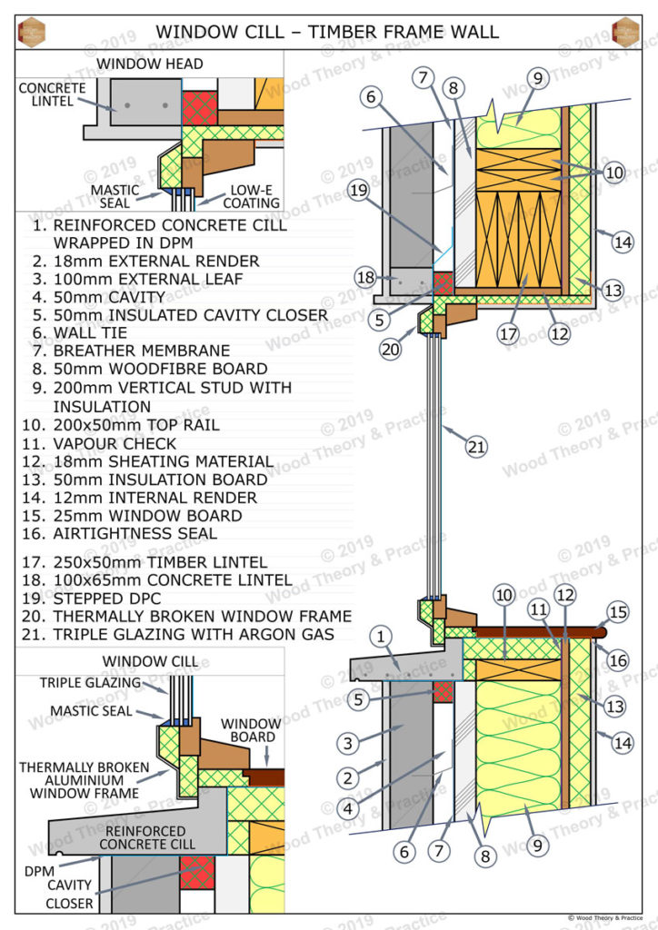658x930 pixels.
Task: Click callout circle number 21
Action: click(476, 446)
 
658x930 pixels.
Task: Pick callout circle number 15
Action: click(618, 612)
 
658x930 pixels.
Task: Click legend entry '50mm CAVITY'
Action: click(112, 297)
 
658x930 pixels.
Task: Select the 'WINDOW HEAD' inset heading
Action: click(150, 64)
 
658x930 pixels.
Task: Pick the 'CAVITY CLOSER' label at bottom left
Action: click(69, 895)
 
